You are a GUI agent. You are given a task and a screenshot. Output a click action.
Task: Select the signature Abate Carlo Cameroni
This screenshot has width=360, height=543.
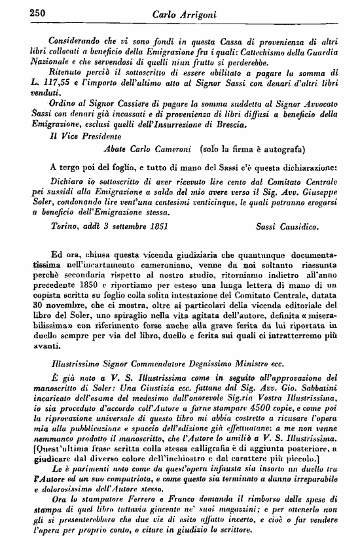coord(143,150)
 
